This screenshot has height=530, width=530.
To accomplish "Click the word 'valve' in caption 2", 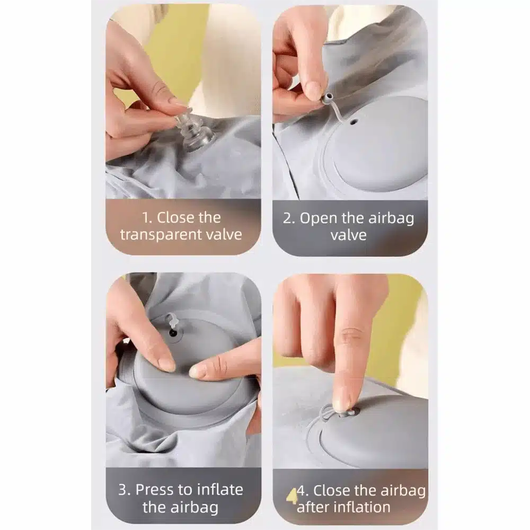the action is [349, 235].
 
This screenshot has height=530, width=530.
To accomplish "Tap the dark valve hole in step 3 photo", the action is [173, 333].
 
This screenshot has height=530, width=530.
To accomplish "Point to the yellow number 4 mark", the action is [291, 496].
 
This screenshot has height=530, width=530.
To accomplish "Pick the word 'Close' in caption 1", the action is [189, 217].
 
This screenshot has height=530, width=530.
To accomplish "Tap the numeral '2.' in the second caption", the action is [289, 218].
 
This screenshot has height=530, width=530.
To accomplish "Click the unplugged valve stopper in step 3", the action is [171, 320].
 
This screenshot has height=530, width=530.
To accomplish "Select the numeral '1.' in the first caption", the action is [147, 218].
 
